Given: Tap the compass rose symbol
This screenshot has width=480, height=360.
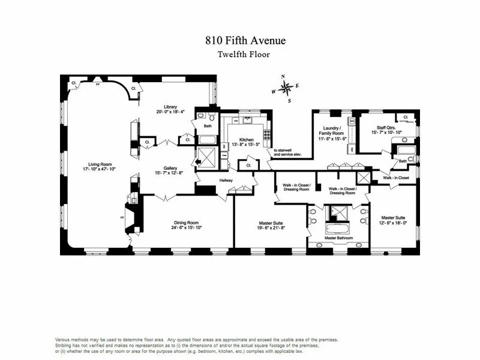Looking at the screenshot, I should tap(287, 88).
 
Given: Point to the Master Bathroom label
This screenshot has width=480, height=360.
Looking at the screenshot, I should tap(338, 238).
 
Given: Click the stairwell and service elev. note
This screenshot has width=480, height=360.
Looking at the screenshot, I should tap(287, 152).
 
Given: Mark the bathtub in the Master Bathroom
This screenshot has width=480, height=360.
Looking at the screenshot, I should tap(339, 227).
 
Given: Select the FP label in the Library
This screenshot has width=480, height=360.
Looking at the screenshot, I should tap(99, 85).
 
